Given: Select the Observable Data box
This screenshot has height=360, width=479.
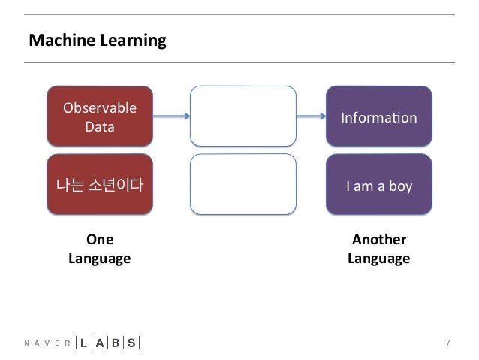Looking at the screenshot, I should coord(99,116).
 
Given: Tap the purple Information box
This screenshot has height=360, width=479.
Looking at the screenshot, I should coord(378,116).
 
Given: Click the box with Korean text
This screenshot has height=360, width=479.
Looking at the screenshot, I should coord(99,185).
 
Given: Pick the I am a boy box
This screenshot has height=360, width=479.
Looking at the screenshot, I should coord(378,185).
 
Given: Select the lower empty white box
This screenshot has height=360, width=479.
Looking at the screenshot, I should coord(243,184).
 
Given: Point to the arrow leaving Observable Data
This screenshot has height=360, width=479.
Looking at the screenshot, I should coord(171,116).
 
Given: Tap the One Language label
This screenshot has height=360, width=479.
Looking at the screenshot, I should coord(99,250).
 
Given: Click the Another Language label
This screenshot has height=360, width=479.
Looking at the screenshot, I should coord(378,250).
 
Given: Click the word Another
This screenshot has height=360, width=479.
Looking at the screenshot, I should coord(379,240).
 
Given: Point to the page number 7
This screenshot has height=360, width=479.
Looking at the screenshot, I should coord(448,343).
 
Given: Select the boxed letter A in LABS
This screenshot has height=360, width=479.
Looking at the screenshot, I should coord(98,343).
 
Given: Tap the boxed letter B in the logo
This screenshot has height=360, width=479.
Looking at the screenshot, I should coord(115,343).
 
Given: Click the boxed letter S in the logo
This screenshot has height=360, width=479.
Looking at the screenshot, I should coord(131,343).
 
